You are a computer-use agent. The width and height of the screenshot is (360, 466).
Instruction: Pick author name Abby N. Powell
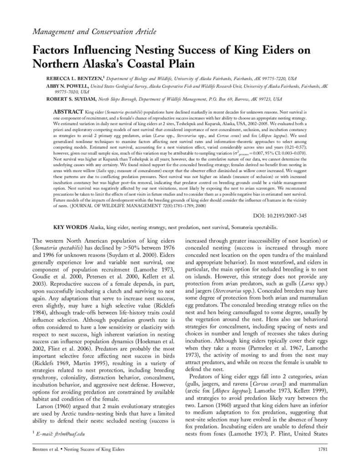click(x=69, y=86)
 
